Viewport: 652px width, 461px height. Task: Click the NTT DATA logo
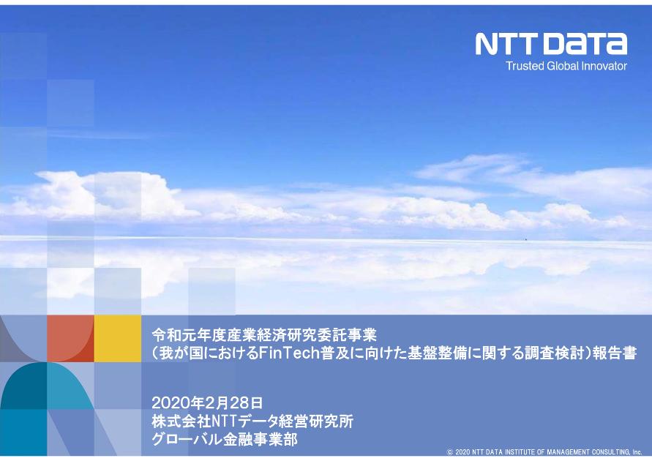(551, 44)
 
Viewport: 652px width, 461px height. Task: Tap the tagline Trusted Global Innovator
(566, 66)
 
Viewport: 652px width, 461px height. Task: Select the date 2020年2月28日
(206, 402)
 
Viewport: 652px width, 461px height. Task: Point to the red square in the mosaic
(70, 338)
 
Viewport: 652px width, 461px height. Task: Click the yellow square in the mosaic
(117, 338)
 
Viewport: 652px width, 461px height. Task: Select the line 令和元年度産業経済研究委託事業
(263, 335)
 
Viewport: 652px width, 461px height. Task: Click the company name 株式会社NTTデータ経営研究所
(252, 421)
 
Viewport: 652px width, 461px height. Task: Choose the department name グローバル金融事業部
(224, 440)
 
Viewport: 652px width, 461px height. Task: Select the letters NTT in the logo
(508, 44)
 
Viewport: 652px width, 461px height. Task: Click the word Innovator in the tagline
(604, 66)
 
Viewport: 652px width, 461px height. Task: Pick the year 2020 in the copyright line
(462, 453)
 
